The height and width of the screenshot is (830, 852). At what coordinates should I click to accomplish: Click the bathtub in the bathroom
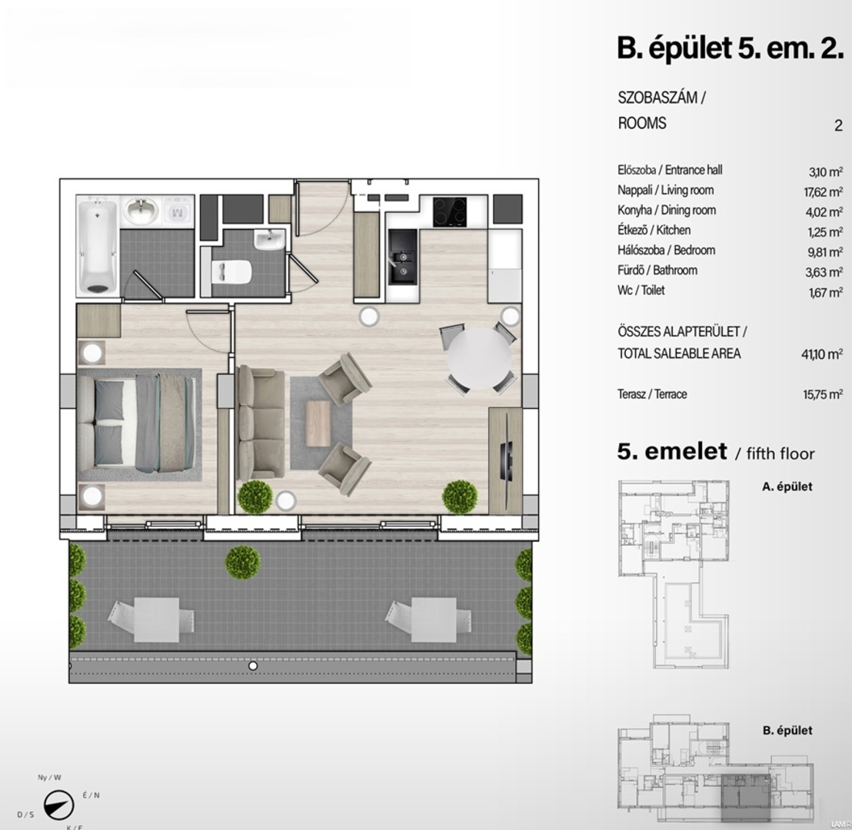[x=97, y=246]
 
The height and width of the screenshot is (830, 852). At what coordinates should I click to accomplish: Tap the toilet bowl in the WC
[x=232, y=272]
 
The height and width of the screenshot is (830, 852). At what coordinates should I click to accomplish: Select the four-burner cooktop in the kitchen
[x=450, y=212]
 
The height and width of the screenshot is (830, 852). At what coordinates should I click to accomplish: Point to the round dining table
[x=479, y=358]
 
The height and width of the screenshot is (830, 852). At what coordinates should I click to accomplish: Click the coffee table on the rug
[x=318, y=423]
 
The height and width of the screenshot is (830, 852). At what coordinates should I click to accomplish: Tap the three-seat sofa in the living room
[x=260, y=421]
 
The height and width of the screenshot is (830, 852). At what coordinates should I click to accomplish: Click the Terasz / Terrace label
[x=652, y=393]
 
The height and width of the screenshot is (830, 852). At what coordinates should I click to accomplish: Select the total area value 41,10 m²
[x=822, y=354]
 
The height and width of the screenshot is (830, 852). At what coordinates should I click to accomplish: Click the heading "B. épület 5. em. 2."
[x=731, y=48]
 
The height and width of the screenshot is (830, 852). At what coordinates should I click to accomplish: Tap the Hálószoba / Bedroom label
[x=666, y=251]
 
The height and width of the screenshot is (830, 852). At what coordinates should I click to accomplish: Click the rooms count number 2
[x=838, y=125]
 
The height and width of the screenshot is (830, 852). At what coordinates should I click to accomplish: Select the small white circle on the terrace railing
[x=253, y=666]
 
